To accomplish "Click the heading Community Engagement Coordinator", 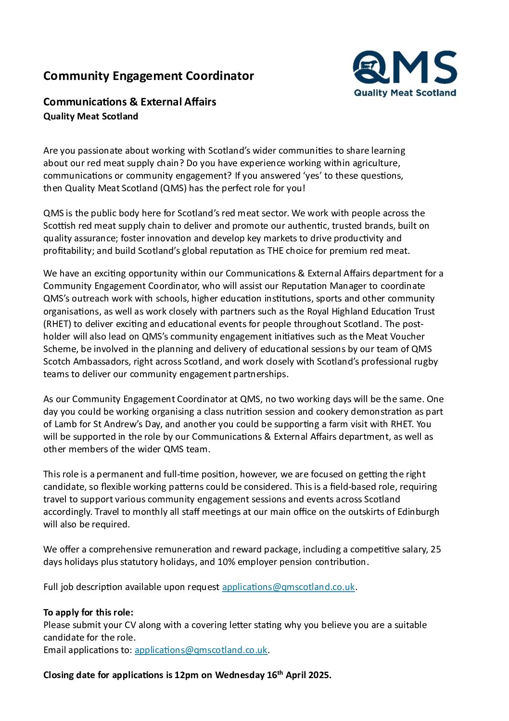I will coord(148,76).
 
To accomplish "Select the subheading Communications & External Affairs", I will coord(129,102).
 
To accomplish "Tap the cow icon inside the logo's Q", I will coord(369,66).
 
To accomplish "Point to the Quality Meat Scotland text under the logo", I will coord(405,93).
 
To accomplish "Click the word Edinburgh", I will coord(418,511).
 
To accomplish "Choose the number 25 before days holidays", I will coord(435,550).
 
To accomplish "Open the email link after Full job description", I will coord(288,587).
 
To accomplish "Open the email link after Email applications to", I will coord(201,650).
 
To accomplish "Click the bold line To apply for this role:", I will coord(89,613).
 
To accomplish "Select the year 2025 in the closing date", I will coord(319,675).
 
